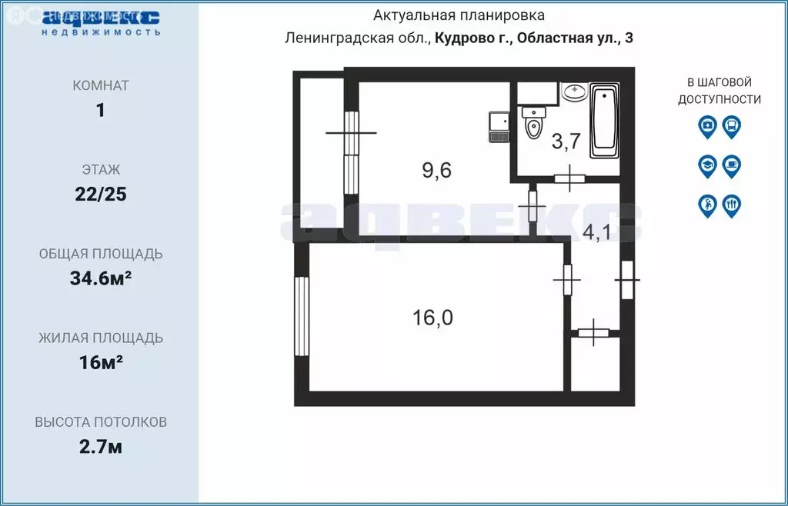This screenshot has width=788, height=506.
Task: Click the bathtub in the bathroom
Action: coord(604,122)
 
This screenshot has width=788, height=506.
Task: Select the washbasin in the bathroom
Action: coord(573,92)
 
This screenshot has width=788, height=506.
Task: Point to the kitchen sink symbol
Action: coord(497,128)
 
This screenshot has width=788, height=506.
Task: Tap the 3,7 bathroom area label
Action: coord(566,141)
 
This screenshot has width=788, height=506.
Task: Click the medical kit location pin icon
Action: coord(706,126)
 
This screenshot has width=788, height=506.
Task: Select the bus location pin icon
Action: coord(732,126)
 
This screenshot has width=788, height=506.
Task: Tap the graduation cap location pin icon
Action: coord(706,165)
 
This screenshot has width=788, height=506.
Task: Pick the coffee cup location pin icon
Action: coord(732,165)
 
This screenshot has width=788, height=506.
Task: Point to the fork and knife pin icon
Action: coord(732,205)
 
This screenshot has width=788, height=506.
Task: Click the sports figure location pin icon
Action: coord(706,205)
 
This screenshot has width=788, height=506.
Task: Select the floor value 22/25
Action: coord(101,194)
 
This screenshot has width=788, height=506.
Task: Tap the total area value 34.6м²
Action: coord(101,278)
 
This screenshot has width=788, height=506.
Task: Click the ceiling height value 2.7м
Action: coord(101,447)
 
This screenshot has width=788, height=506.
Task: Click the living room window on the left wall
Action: coord(301,315)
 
